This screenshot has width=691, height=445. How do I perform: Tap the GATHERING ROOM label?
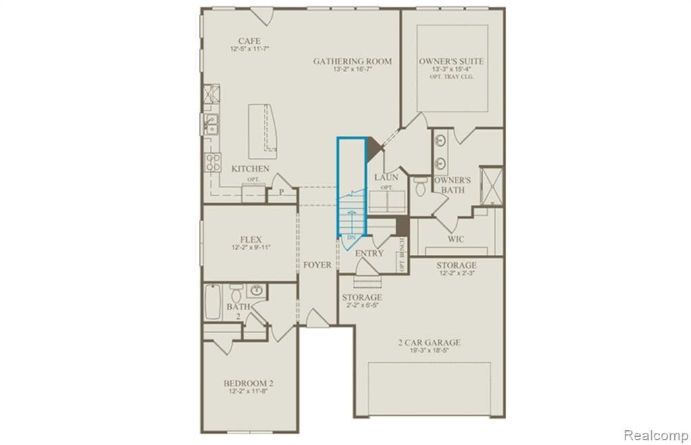click(352, 61)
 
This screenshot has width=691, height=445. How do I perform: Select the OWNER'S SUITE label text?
click(451, 61)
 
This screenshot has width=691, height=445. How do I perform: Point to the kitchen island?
click(263, 129)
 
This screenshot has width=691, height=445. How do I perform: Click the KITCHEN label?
click(250, 169)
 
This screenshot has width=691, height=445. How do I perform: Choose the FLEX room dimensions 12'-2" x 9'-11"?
click(250, 247)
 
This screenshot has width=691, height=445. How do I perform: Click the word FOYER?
click(317, 265)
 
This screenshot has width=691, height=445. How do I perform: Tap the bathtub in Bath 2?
click(212, 302)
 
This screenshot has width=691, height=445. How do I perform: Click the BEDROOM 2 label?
click(248, 384)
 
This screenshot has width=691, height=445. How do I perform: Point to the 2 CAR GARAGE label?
click(429, 343)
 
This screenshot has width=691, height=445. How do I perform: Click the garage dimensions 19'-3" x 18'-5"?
click(429, 351)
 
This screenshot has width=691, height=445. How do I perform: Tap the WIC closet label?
click(456, 239)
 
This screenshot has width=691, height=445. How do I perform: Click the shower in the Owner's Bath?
click(491, 185)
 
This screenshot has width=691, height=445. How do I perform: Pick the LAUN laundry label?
click(386, 177)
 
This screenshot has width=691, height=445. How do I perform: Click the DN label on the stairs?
click(351, 238)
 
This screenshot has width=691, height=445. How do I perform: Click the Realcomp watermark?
click(655, 434)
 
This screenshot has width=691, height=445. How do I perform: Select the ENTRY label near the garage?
click(369, 254)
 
